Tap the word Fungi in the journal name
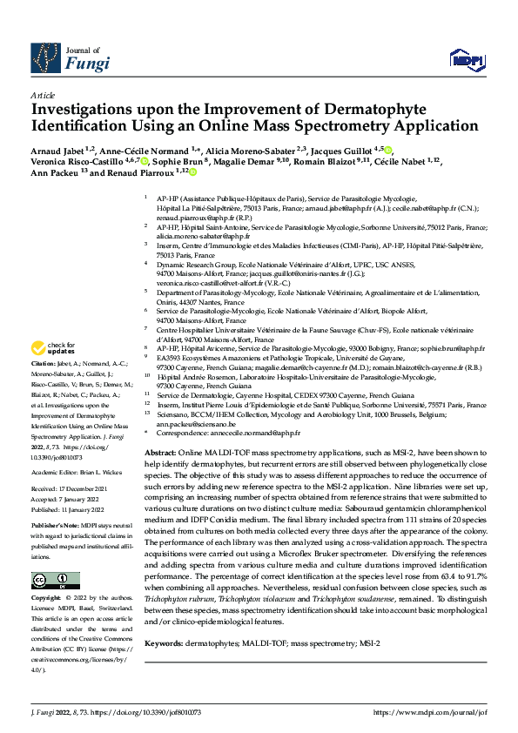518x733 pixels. tap(83, 64)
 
